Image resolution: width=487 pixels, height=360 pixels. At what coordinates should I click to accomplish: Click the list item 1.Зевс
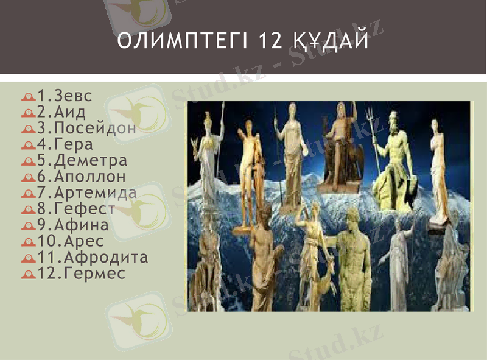point(65,96)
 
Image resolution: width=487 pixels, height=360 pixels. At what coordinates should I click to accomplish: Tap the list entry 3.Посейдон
point(86,129)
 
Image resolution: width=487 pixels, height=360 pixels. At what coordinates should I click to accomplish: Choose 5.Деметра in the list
point(82,161)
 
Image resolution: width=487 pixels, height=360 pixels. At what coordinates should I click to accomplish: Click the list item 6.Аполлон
point(82,177)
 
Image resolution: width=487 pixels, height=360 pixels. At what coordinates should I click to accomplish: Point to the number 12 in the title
point(270,41)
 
